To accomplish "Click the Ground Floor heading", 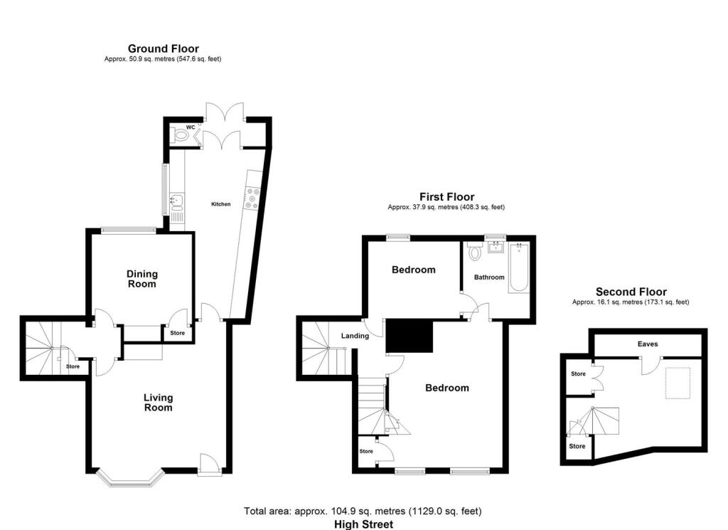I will pos(163,48).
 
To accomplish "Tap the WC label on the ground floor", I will pos(190,127).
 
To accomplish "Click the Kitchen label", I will pos(220,204).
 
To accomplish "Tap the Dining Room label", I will pos(142,279).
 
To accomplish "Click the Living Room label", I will pos(158,403).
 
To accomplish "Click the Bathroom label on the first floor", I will pos(490,277).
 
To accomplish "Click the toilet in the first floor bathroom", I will pos(475,252).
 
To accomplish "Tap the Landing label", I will pos(355,336).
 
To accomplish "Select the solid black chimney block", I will pos(409,336).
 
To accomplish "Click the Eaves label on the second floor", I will pos(648,344).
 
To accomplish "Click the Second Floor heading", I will pos(631,292).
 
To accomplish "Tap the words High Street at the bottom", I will pos(363,524).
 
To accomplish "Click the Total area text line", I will pos(363,511).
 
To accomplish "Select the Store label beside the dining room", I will pos(177,332).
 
